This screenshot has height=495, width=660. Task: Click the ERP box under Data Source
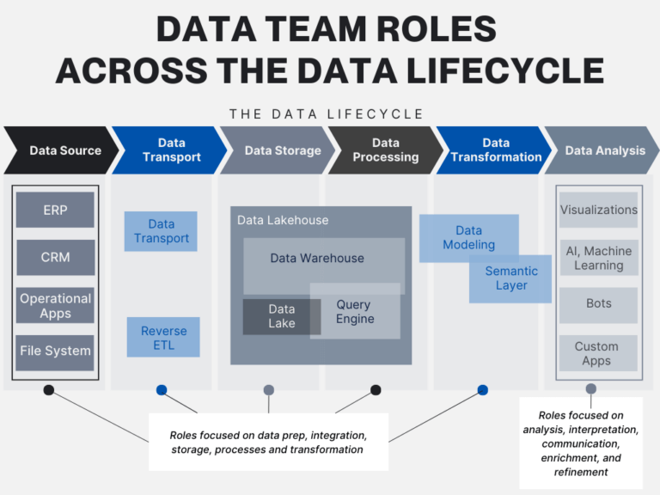(x=55, y=210)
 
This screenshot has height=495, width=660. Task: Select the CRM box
(x=55, y=257)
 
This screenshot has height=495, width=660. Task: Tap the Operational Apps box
(x=55, y=305)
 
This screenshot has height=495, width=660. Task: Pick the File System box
(x=55, y=351)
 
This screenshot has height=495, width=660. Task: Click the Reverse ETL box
(x=163, y=337)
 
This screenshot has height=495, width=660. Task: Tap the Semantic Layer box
(x=511, y=278)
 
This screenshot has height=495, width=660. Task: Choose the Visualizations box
(x=599, y=210)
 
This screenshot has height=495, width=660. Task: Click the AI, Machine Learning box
(x=599, y=258)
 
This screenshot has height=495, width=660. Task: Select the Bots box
(x=599, y=304)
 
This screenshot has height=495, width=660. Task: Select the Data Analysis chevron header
(x=602, y=150)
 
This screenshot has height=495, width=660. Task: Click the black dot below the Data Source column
(x=49, y=390)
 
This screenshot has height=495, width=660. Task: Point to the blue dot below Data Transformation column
(x=482, y=390)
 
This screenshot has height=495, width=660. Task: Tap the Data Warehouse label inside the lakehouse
(x=317, y=258)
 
